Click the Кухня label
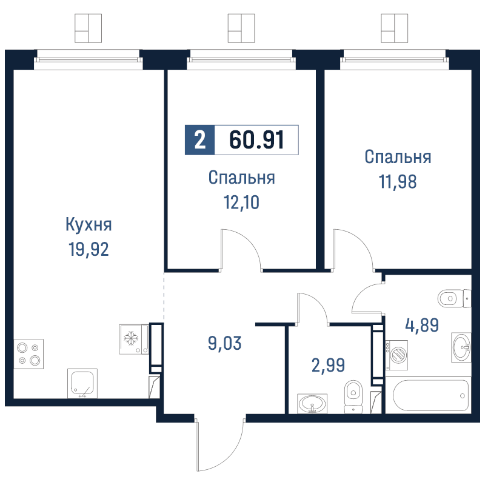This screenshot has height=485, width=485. click(x=89, y=225)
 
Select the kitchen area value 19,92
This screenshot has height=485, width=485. click(x=89, y=249)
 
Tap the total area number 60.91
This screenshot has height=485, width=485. click(x=256, y=141)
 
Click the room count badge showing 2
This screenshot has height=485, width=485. click(x=199, y=141)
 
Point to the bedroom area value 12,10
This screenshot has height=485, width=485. click(x=241, y=202)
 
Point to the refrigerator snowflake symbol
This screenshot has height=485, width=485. click(x=131, y=339)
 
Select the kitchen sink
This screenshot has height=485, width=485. click(x=82, y=383)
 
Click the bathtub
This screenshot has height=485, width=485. click(x=431, y=395)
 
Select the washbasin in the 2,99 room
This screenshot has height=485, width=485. click(x=312, y=403)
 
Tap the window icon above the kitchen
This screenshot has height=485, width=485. click(x=89, y=28)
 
